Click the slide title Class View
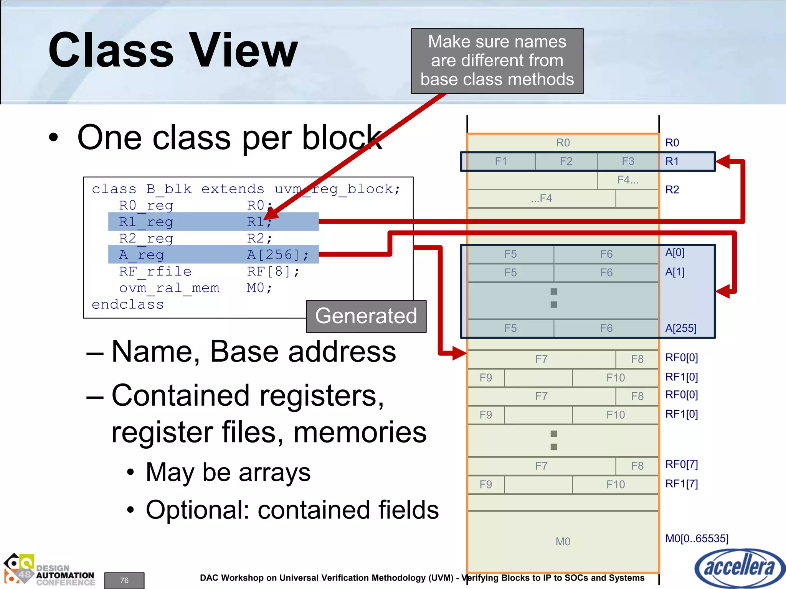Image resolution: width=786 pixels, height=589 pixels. pos(173,50)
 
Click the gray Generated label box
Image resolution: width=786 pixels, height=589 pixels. pos(366,316)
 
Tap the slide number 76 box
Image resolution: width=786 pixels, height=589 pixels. pos(124,580)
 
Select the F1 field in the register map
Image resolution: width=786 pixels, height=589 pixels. pos(501,161)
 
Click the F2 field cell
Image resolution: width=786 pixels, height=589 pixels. pos(566,161)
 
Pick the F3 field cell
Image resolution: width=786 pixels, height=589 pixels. pos(628,161)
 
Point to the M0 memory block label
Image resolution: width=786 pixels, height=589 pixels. pos(563,541)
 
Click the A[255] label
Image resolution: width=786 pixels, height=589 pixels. pos(680,328)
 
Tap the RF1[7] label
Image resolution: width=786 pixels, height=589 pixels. pos(681,484)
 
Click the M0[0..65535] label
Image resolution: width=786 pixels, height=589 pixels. pos(697,538)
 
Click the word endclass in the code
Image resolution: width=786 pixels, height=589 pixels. pos(127,304)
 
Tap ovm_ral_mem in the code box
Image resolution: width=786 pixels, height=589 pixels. pos(169,288)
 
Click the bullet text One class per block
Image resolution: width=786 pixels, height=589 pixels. pos(230,138)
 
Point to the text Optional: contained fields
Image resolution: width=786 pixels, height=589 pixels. pos(292,510)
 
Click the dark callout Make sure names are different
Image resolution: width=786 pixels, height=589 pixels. pos(497,61)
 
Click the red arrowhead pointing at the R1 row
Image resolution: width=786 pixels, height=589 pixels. pos(723,161)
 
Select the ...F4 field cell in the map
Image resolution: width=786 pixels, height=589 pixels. pos(541,199)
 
